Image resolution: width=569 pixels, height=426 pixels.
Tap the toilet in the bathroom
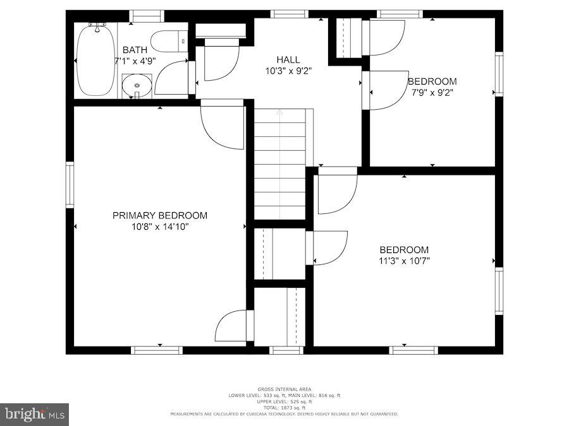(172, 40)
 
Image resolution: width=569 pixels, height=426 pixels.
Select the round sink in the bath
(136, 85)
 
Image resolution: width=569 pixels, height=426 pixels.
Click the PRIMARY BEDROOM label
(159, 215)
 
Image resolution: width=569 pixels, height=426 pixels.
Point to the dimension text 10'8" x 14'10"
(159, 227)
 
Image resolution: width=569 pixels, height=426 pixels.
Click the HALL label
(288, 59)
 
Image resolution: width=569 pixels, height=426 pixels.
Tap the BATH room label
(135, 50)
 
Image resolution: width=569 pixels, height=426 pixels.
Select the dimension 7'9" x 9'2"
(432, 92)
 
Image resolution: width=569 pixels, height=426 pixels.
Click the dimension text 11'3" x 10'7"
(404, 261)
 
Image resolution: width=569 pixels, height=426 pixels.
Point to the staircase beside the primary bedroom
(279, 164)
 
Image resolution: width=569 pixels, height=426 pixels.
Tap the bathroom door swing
(172, 78)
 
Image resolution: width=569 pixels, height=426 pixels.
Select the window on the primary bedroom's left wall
(70, 185)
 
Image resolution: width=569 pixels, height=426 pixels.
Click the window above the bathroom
(147, 16)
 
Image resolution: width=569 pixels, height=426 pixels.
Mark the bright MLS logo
(35, 415)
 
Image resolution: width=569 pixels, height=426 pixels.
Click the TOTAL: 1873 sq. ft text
(284, 407)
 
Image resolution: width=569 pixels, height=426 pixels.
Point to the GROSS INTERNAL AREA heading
(284, 389)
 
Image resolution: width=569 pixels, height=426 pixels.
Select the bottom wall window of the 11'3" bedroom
(413, 350)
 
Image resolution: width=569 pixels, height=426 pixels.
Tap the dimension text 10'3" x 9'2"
(288, 71)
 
